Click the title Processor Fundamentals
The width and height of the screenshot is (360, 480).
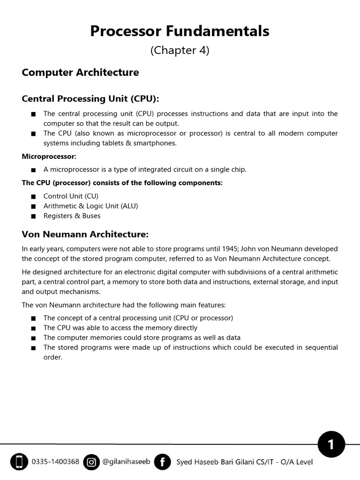(180, 31)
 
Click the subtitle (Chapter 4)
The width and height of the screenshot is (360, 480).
(180, 51)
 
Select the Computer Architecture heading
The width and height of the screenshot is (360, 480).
(80, 73)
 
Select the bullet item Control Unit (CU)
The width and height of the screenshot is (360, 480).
(71, 196)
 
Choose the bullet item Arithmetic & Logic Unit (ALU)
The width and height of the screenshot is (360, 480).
(90, 206)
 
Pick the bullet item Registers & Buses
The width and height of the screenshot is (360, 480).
(72, 216)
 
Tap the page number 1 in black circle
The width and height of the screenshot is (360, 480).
(331, 445)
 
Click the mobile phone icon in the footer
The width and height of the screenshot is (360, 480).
(19, 462)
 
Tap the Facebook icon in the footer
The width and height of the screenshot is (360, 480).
(162, 462)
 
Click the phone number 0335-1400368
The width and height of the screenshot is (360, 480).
(55, 462)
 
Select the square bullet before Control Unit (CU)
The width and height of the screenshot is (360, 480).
(32, 196)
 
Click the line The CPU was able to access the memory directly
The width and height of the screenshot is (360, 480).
(120, 328)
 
